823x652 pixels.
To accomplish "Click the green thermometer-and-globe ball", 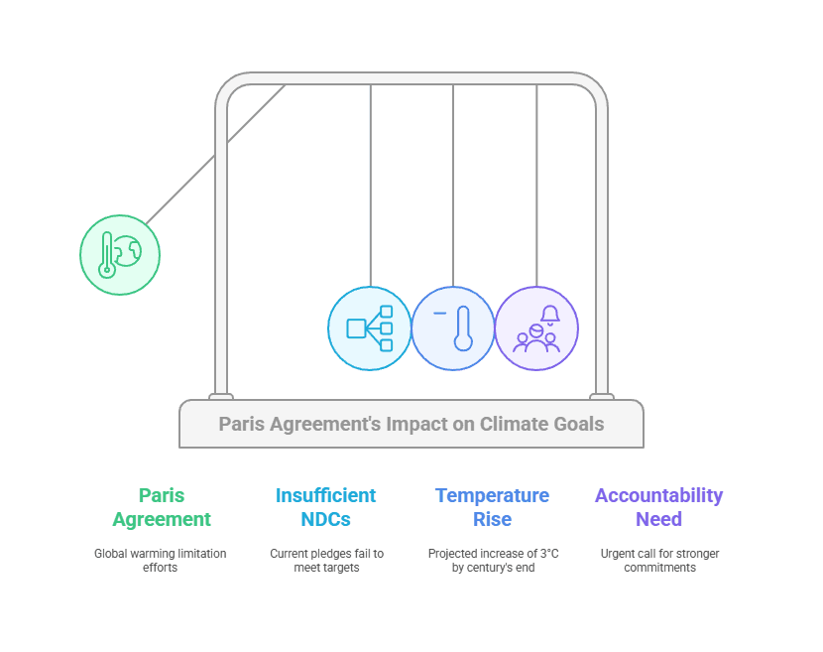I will coord(120,255).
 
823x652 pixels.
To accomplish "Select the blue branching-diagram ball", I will coord(370,328).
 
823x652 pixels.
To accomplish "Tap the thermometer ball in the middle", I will coord(453,328).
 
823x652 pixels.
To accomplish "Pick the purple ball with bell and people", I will coord(536,328).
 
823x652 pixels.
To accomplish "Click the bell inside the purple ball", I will coord(550,316).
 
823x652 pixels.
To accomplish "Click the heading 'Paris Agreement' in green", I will coord(162,507).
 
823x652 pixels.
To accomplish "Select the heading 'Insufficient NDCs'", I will coord(326,507).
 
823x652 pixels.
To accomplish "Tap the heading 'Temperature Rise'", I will coord(493,507).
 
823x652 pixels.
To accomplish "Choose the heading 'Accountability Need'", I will coord(659,507).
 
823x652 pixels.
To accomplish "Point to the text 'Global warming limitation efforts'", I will coord(161,560).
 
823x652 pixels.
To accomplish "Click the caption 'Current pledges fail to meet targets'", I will coord(326,560).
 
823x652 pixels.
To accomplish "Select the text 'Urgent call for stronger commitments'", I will coord(659,560).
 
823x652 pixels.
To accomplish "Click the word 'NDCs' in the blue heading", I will coord(326,519).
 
